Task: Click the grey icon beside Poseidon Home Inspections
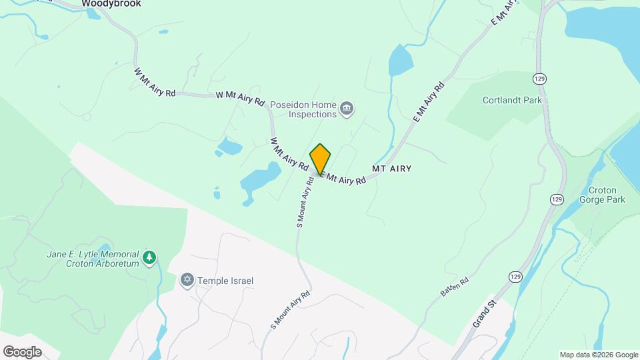tap(346, 109)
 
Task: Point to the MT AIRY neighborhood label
tap(391, 169)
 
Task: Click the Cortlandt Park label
tap(512, 101)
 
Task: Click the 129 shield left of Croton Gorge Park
tap(556, 199)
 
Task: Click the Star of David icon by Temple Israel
tap(187, 280)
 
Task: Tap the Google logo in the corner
tap(22, 352)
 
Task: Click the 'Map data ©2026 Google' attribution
tap(599, 355)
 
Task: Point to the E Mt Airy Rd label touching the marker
tap(344, 179)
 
